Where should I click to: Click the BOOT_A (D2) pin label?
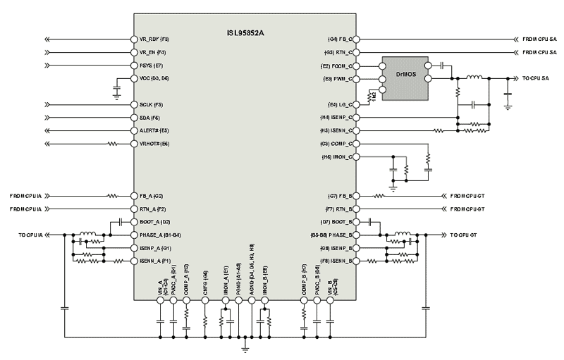pyautogui.click(x=153, y=222)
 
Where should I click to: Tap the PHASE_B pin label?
pyautogui.click(x=336, y=235)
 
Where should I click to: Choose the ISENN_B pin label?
pyautogui.click(x=339, y=261)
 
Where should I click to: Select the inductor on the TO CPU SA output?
pyautogui.click(x=474, y=78)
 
